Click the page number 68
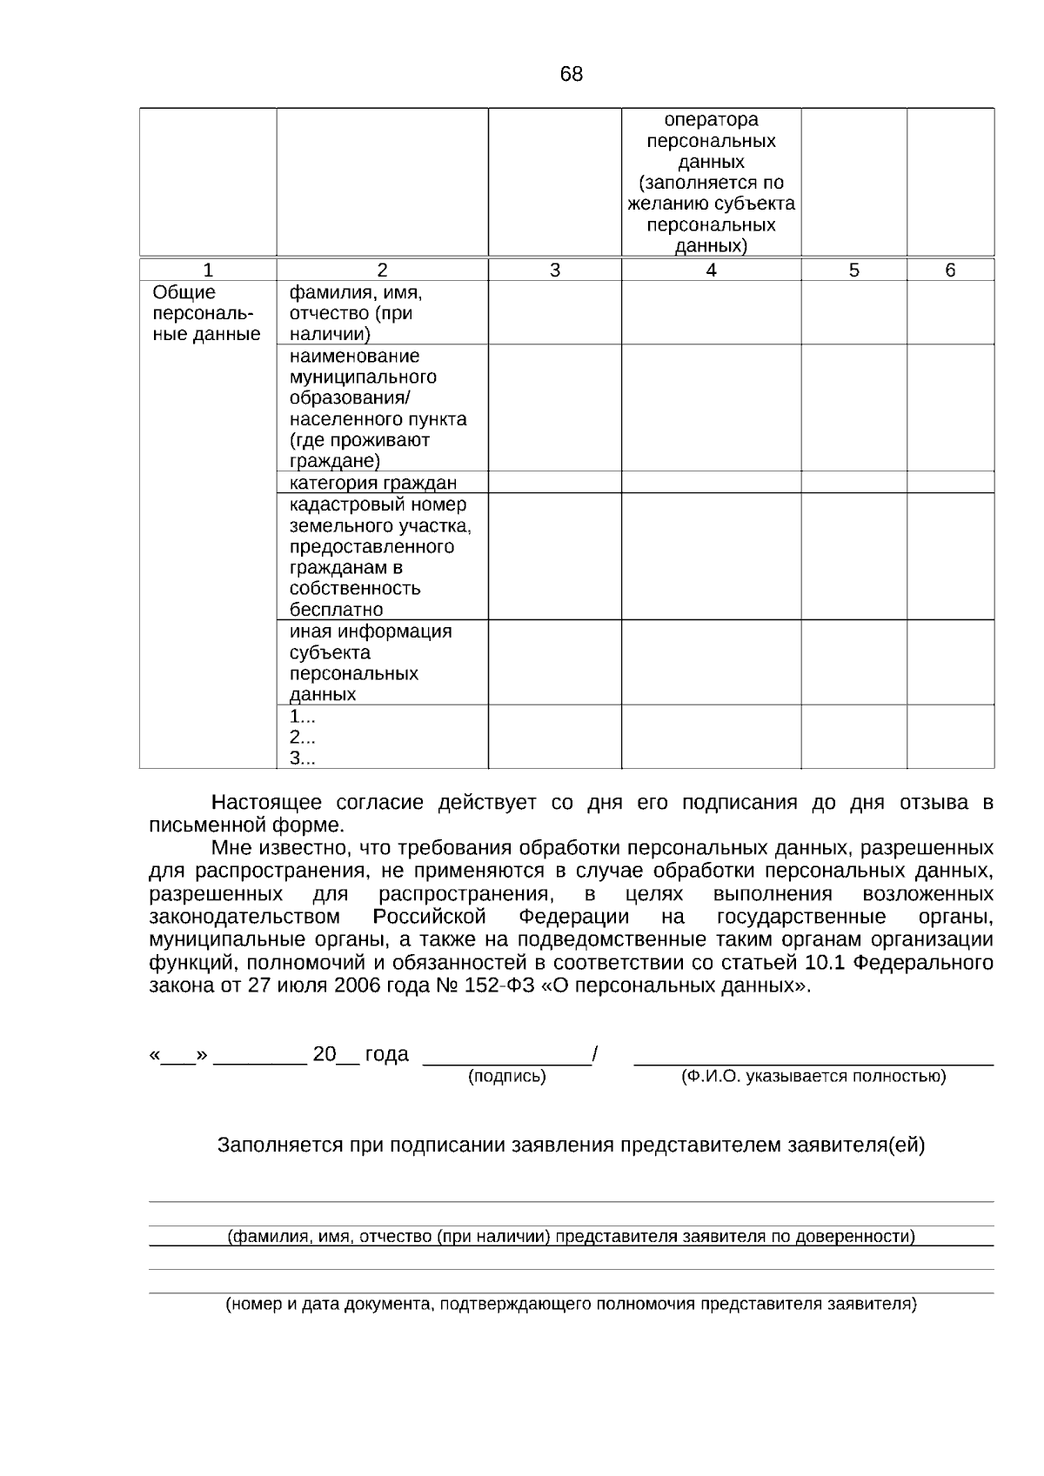(x=572, y=75)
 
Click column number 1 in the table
(x=208, y=270)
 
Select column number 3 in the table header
(x=555, y=270)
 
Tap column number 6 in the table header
(x=950, y=270)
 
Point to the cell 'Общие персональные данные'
(x=206, y=314)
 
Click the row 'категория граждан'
(x=373, y=484)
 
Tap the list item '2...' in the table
(x=302, y=738)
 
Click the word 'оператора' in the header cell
(x=711, y=120)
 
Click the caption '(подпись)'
(x=507, y=1077)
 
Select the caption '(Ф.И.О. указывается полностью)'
(x=813, y=1077)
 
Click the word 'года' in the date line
(x=386, y=1055)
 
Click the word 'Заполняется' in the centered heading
(x=280, y=1145)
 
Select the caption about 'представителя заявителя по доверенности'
(x=571, y=1237)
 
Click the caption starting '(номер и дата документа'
(x=571, y=1305)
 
